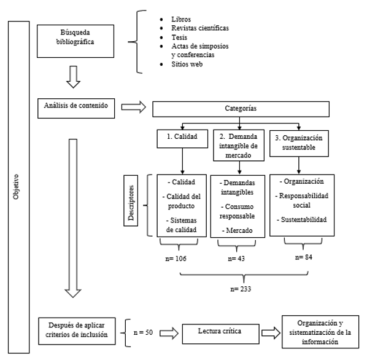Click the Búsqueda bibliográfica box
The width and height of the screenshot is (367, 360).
click(75, 41)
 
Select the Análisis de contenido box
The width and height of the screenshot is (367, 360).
click(76, 108)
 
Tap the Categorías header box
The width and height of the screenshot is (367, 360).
click(241, 109)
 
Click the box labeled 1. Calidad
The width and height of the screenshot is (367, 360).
click(182, 139)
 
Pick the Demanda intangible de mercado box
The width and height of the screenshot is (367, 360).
click(239, 146)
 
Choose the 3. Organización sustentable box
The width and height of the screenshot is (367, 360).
click(299, 144)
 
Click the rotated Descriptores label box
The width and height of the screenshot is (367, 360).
click(131, 201)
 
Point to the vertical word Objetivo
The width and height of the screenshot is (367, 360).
click(16, 187)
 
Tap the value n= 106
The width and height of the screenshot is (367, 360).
click(176, 259)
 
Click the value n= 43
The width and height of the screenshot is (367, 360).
click(236, 259)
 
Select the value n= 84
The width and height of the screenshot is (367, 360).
click(304, 257)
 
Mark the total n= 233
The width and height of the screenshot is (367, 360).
click(241, 289)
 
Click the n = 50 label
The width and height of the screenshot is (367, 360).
click(143, 332)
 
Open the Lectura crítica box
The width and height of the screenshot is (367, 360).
click(221, 334)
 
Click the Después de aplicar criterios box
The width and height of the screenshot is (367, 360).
click(77, 331)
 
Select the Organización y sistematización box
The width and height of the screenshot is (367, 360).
click(320, 332)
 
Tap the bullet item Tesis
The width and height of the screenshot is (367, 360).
click(179, 37)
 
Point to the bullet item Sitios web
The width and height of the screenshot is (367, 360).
click(187, 64)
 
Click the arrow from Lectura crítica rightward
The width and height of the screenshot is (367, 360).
click(271, 333)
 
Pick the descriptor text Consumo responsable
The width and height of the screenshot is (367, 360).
click(237, 211)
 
